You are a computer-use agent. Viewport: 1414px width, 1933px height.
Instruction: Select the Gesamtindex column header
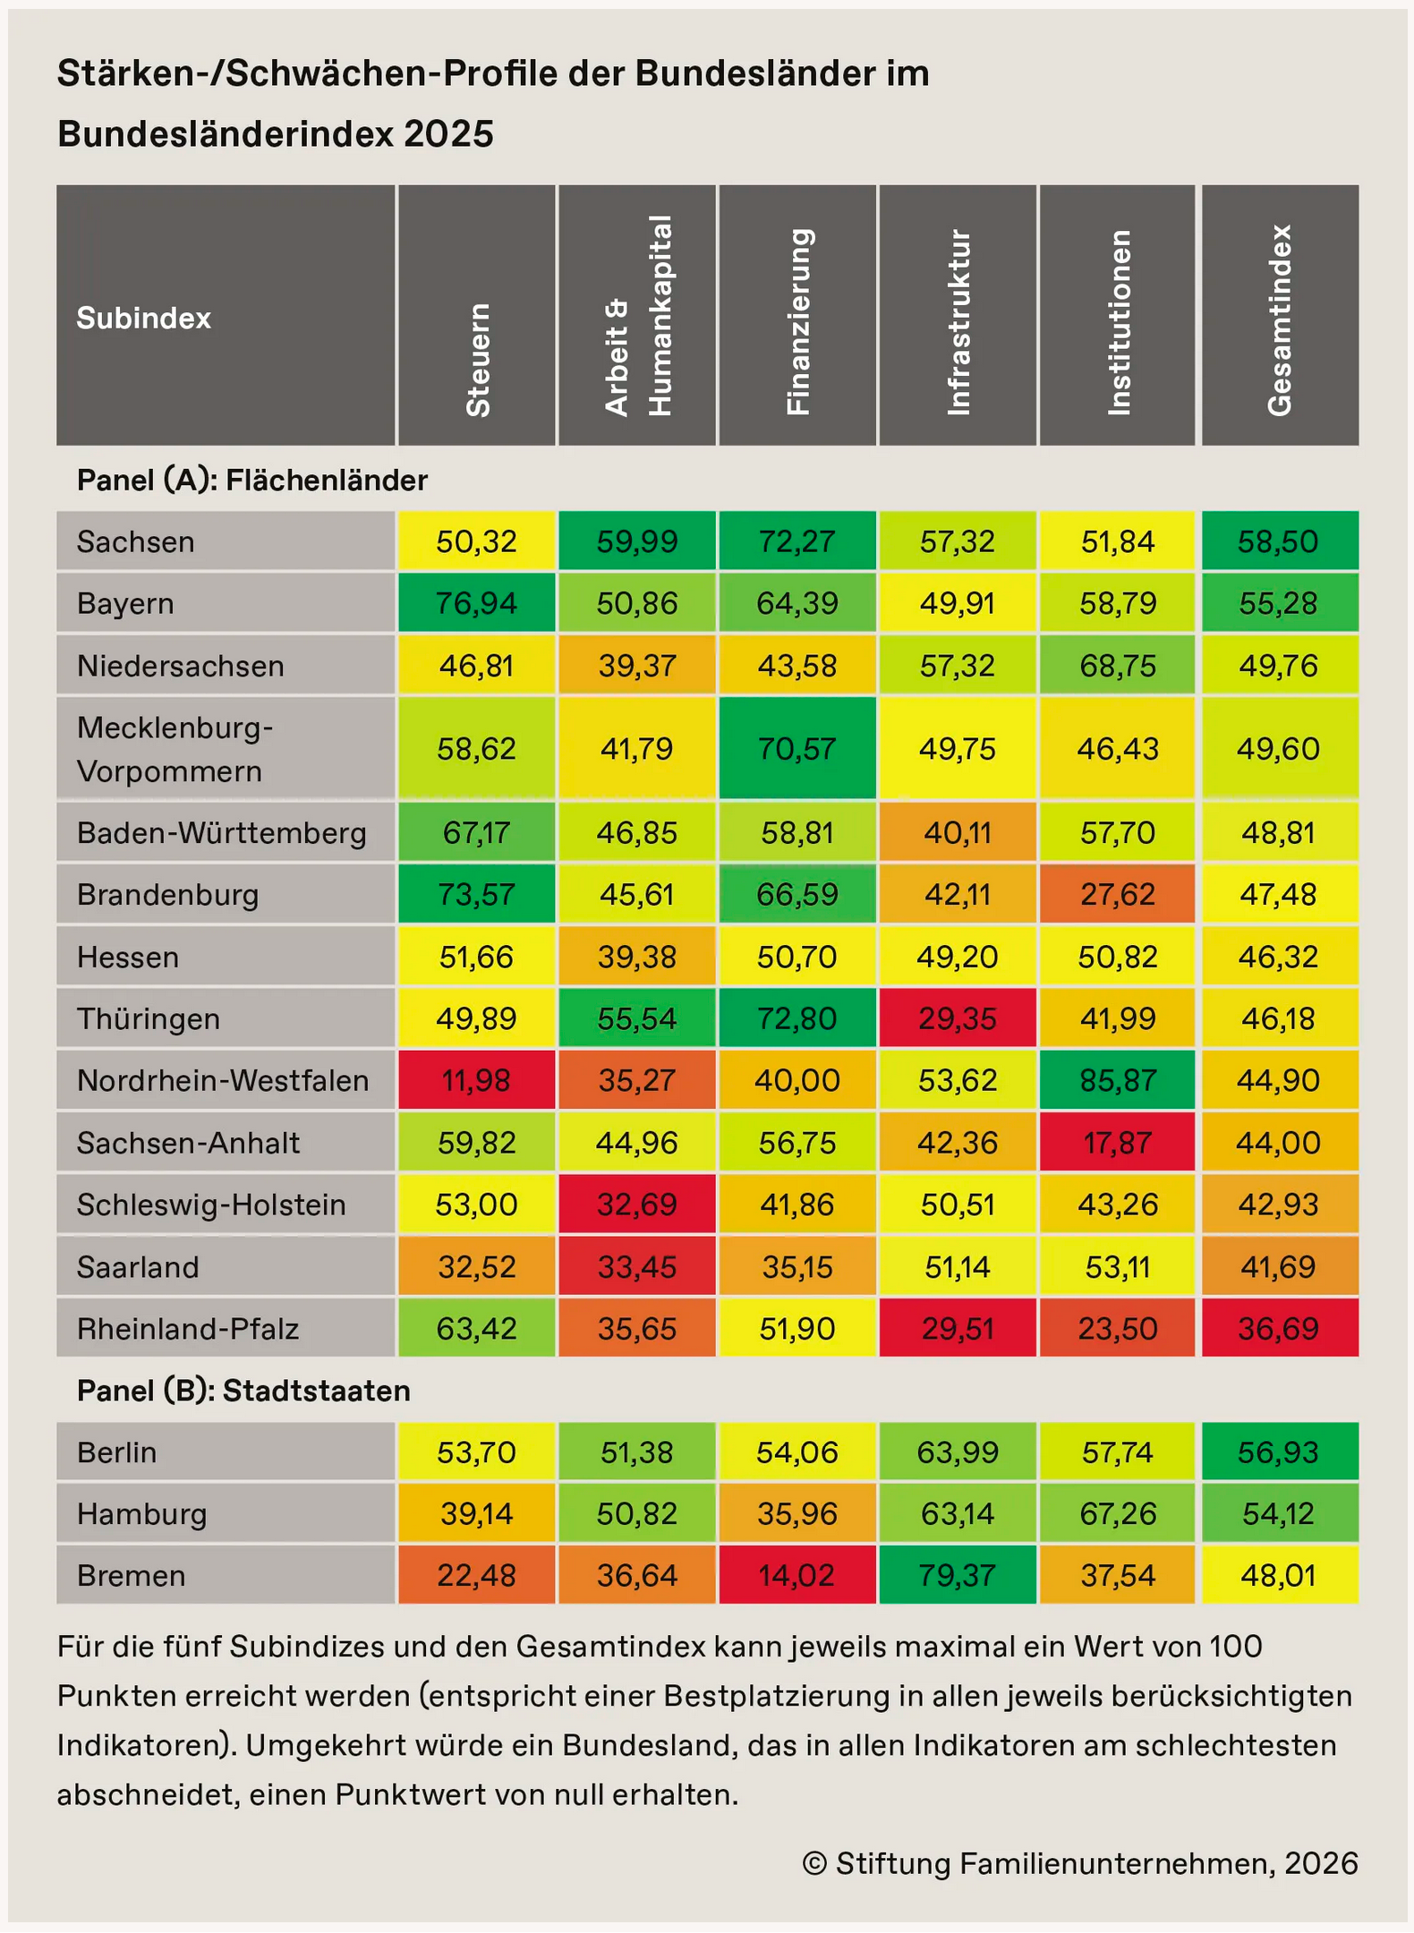(1280, 320)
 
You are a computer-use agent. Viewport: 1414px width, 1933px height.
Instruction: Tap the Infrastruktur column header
(958, 322)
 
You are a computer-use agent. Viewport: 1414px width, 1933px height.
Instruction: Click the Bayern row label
(125, 603)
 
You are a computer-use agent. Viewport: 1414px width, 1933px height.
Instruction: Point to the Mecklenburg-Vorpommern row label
(175, 749)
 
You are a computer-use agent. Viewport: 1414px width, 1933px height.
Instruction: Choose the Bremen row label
(131, 1575)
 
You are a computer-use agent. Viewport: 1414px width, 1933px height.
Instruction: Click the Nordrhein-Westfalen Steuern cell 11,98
(476, 1080)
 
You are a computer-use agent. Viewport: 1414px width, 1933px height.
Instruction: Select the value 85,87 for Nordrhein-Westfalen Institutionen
(1117, 1080)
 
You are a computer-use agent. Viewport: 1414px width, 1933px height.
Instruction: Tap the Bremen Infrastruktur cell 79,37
(958, 1575)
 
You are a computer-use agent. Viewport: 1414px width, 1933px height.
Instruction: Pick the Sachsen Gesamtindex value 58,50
(1278, 541)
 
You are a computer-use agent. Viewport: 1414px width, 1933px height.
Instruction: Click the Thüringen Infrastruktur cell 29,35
(958, 1018)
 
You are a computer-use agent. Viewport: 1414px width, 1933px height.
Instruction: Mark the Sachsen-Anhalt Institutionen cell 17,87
(1117, 1143)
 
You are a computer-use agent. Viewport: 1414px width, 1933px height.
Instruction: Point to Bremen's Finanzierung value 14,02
(796, 1575)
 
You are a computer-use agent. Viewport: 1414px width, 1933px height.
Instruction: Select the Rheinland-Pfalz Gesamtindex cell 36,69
(1278, 1329)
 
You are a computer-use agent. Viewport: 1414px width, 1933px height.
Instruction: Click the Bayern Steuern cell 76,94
(476, 603)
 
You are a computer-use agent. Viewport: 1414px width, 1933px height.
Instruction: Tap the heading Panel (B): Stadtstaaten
(243, 1391)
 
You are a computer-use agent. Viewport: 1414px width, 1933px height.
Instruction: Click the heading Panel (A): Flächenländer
(252, 481)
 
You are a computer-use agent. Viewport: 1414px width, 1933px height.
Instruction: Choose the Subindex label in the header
(143, 319)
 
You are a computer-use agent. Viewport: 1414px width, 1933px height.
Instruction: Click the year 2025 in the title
(448, 134)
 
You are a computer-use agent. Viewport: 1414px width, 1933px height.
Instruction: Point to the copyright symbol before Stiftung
(814, 1863)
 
